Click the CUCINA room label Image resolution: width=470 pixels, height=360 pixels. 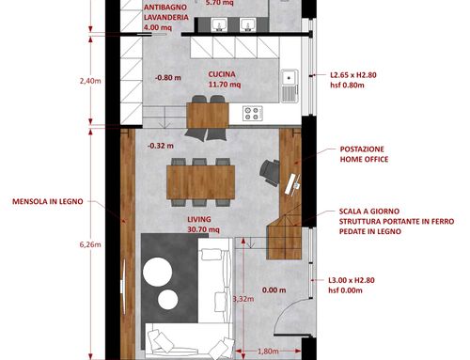pyautogui.click(x=222, y=74)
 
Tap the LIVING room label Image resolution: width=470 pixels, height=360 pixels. pyautogui.click(x=199, y=219)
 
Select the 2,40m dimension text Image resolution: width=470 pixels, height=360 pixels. pyautogui.click(x=90, y=81)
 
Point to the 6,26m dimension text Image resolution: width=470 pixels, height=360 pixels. pyautogui.click(x=90, y=244)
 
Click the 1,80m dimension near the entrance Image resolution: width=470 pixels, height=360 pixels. pyautogui.click(x=268, y=352)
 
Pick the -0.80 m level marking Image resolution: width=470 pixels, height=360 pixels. pyautogui.click(x=168, y=77)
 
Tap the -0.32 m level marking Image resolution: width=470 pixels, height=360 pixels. pyautogui.click(x=161, y=146)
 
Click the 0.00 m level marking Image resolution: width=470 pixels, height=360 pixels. pyautogui.click(x=274, y=290)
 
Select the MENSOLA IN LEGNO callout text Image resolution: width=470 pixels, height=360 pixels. pyautogui.click(x=48, y=201)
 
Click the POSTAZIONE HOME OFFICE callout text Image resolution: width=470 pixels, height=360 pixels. pyautogui.click(x=364, y=154)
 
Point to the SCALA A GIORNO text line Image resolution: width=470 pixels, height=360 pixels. pyautogui.click(x=369, y=211)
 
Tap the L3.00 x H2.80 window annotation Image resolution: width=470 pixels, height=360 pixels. pyautogui.click(x=352, y=280)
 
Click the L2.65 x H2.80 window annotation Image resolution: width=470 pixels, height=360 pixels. pyautogui.click(x=353, y=75)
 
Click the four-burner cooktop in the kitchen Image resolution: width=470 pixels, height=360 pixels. pyautogui.click(x=252, y=114)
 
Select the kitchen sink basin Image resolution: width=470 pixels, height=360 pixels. pyautogui.click(x=290, y=77)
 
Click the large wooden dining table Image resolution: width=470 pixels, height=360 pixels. pyautogui.click(x=201, y=182)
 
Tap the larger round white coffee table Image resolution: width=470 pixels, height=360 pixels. pyautogui.click(x=157, y=272)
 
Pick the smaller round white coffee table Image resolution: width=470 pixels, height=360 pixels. pyautogui.click(x=168, y=300)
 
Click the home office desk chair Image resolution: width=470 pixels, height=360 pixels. pyautogui.click(x=270, y=172)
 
